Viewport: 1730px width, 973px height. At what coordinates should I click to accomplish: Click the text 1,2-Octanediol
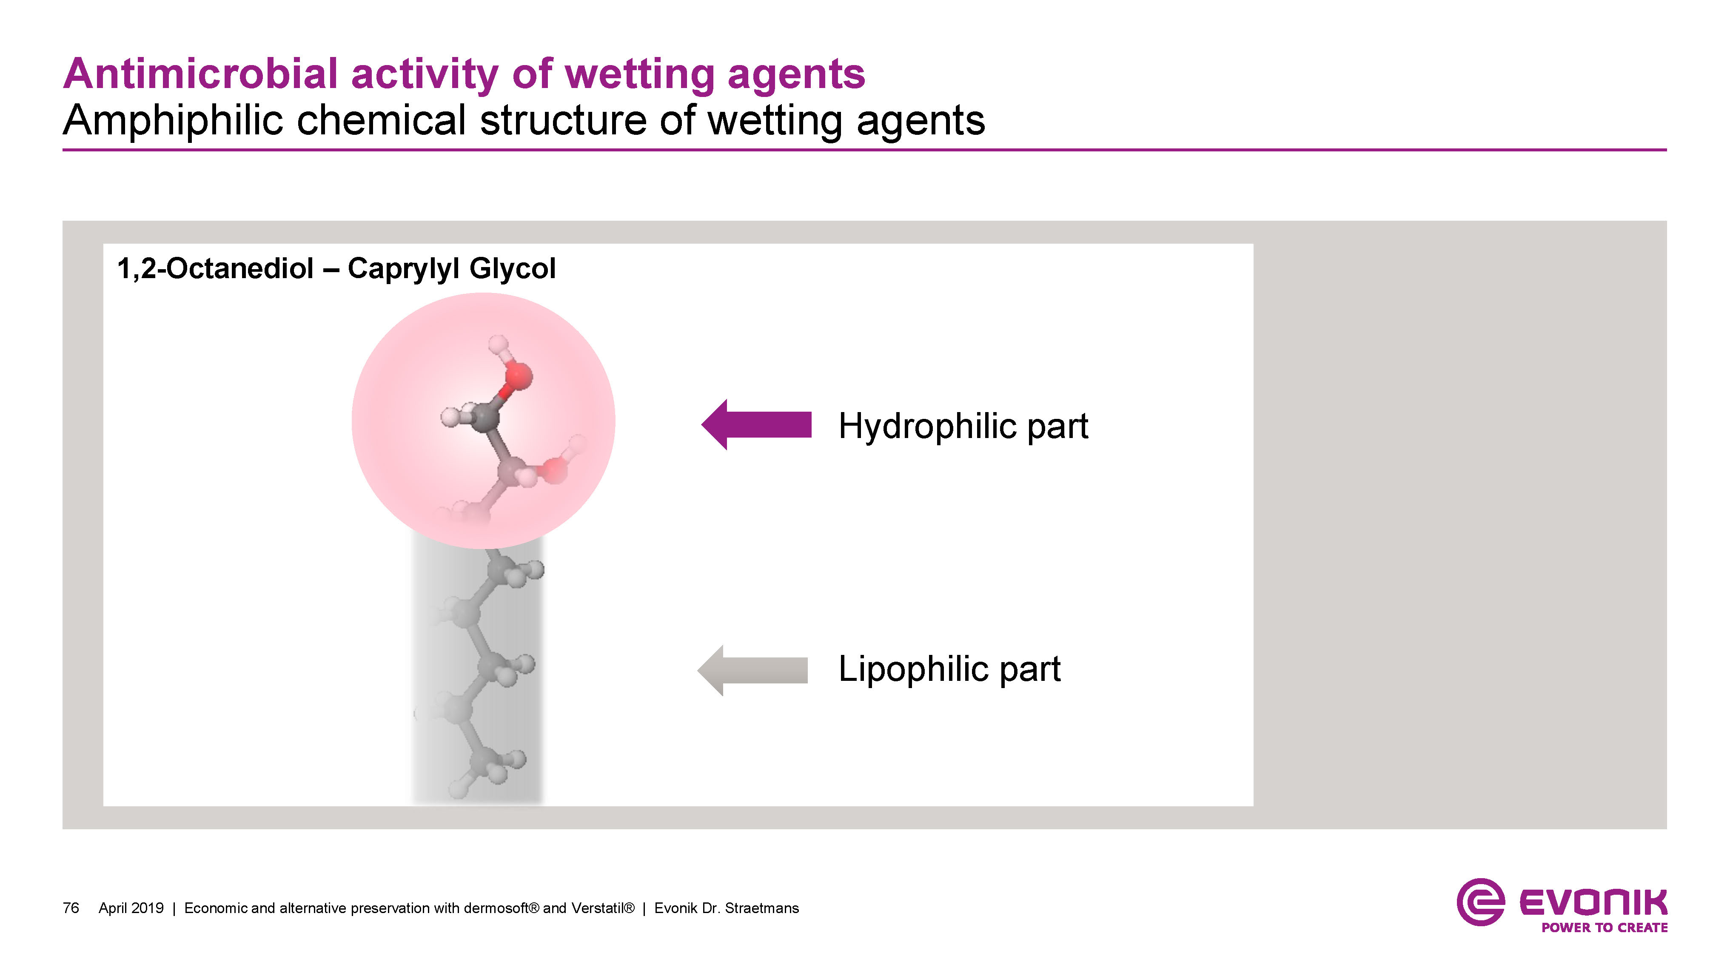click(215, 269)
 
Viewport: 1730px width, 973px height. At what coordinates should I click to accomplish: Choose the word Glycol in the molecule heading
click(513, 269)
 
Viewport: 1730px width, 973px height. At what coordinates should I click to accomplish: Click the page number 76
click(71, 908)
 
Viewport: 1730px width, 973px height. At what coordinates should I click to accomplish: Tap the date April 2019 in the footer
click(131, 908)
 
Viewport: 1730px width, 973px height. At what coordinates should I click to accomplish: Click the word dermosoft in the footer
click(498, 908)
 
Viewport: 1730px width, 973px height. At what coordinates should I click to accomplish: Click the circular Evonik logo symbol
click(1479, 902)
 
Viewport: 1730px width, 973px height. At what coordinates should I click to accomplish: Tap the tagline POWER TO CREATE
click(1604, 927)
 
